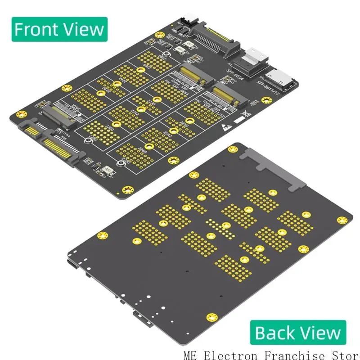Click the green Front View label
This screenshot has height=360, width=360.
point(59,29)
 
